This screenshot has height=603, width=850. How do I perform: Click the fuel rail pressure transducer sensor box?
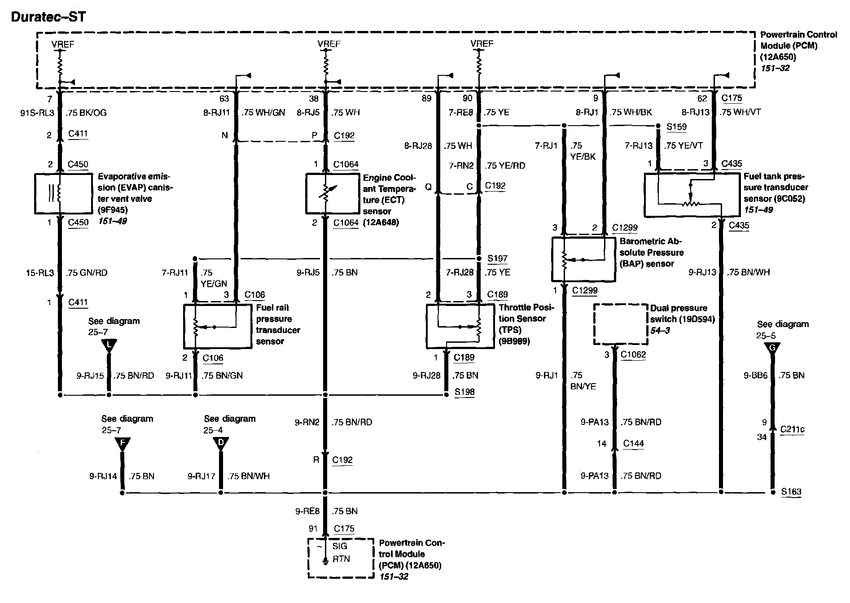(x=218, y=326)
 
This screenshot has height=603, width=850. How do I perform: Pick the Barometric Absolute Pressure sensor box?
(x=583, y=259)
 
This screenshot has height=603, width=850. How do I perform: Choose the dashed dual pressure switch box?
(x=621, y=324)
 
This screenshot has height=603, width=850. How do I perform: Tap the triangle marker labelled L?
(x=109, y=345)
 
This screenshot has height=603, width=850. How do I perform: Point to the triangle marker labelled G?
(x=772, y=348)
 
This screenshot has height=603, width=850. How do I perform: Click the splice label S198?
(x=464, y=392)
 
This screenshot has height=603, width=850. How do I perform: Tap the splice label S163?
(x=791, y=491)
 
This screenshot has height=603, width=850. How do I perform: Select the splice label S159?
(x=676, y=127)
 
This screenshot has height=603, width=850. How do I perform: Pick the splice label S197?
(x=497, y=258)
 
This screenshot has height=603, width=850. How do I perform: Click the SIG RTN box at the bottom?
(x=341, y=558)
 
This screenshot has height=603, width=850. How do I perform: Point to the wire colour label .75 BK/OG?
(x=86, y=113)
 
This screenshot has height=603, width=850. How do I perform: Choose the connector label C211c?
(x=792, y=429)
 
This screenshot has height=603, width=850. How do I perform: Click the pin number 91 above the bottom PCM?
(x=313, y=529)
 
